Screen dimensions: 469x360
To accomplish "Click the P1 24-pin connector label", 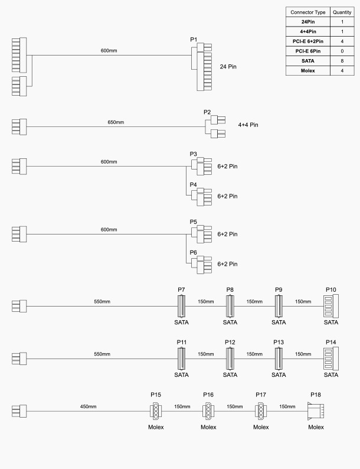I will [194, 40].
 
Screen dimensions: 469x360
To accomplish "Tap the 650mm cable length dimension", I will [116, 122].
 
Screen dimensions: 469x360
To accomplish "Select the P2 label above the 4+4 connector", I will [207, 112].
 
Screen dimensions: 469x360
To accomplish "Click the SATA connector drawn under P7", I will [182, 307].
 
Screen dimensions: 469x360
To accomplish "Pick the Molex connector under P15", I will [156, 410].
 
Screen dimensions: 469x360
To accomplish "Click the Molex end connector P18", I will [316, 410].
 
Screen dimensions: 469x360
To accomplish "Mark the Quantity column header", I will [342, 12].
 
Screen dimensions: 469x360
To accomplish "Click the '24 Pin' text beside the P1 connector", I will [228, 67].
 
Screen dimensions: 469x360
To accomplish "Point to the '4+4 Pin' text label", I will [248, 125].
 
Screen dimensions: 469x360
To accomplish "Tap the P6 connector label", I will [193, 252].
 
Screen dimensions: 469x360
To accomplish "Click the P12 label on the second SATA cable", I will [230, 343].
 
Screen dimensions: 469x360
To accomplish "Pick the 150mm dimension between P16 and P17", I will [235, 406].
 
